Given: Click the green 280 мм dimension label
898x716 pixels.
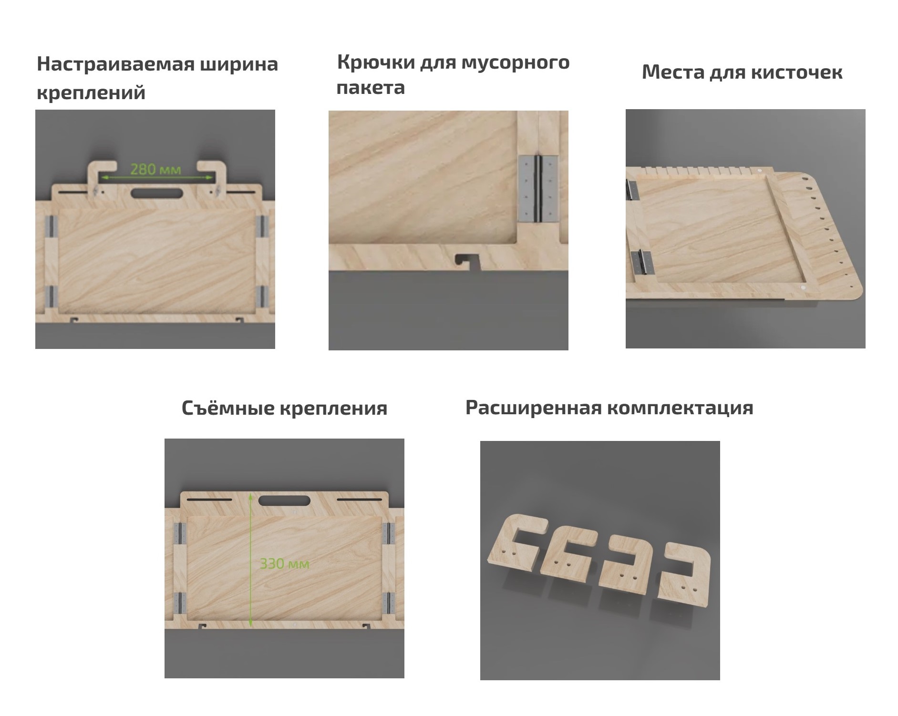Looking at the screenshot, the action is pos(155,169).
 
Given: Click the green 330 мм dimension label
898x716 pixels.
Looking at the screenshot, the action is pos(284,564).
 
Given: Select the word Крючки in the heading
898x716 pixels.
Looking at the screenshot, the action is pos(375,62).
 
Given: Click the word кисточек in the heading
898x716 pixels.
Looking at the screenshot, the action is pos(796,72).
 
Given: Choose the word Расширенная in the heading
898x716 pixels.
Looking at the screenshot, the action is pos(529,408).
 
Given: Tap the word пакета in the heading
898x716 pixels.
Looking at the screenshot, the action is pos(371,88).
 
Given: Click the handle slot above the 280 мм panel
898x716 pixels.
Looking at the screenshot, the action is pos(157,193).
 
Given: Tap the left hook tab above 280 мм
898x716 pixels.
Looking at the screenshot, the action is pos(102,174).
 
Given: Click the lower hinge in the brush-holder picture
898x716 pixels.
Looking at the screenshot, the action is pos(640,262).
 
